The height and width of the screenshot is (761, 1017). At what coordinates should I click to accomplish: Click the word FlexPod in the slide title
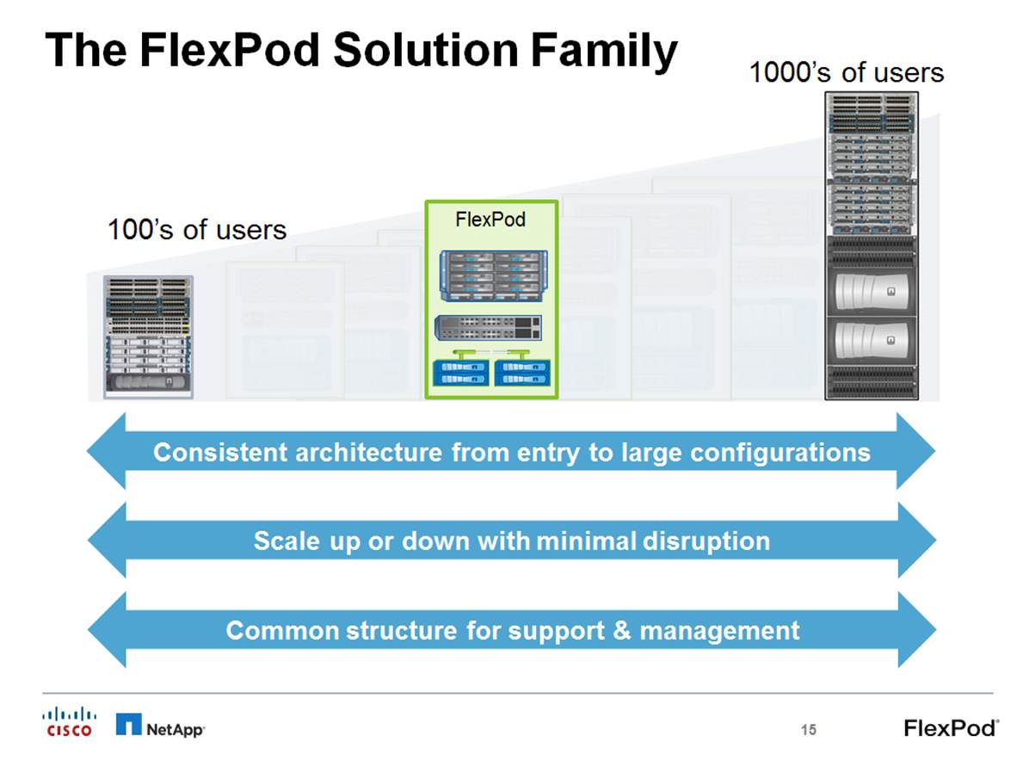pos(226,50)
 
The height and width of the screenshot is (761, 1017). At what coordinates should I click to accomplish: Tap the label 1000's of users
pos(846,72)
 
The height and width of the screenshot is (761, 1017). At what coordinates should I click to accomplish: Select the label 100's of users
pos(196,230)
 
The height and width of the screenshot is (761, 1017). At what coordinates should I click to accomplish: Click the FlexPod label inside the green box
pos(490,220)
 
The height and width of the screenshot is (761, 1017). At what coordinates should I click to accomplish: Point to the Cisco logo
pos(70,721)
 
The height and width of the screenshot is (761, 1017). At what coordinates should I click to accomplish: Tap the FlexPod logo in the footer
pos(951,727)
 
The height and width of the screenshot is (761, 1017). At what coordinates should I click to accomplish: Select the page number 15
pos(807,730)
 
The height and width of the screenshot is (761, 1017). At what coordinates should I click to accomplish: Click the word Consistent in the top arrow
pos(220,452)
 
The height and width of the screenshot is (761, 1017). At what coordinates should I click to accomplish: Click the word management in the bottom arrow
pos(719,630)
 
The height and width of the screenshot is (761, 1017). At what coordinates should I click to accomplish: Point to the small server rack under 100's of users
pos(148,337)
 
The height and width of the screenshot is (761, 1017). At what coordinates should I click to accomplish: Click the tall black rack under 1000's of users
pos(872,245)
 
